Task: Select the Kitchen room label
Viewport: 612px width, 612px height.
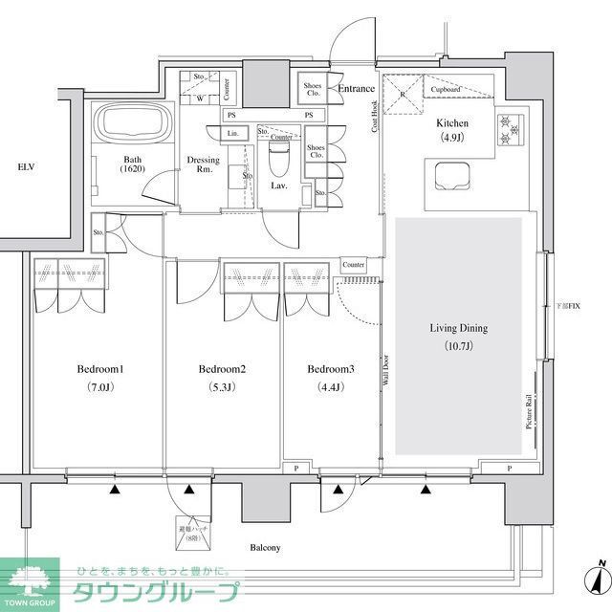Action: click(x=452, y=123)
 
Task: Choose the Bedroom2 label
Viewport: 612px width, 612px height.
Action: click(x=223, y=369)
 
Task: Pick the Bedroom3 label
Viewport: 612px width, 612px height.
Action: click(x=331, y=369)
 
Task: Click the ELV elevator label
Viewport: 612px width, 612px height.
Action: click(x=26, y=168)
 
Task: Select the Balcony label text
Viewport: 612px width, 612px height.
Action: click(x=265, y=548)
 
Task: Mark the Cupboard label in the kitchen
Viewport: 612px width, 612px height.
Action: click(x=447, y=89)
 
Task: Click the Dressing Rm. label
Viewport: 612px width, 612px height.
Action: click(x=204, y=164)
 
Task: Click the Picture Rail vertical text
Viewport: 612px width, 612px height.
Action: click(x=528, y=412)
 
